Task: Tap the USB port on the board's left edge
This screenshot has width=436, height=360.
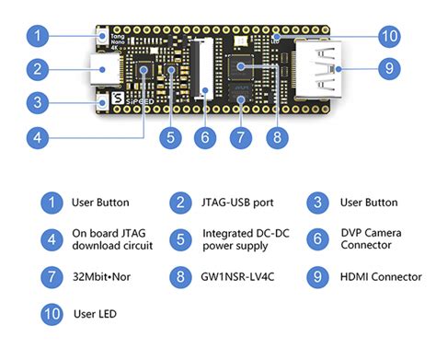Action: (102, 69)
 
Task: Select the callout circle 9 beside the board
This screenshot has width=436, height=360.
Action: (388, 69)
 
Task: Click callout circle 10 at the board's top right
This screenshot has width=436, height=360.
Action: (388, 37)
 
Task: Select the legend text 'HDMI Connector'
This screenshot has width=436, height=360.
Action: (381, 277)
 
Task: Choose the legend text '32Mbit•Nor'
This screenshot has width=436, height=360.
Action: (100, 277)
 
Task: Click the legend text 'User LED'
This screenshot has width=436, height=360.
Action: (94, 314)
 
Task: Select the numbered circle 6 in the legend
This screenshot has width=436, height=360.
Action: (316, 239)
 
